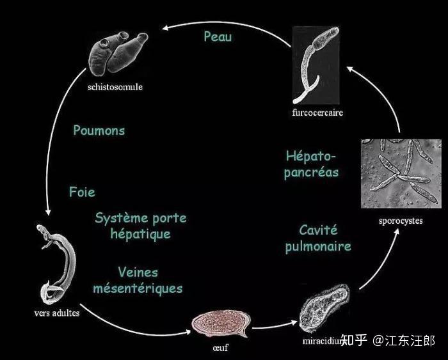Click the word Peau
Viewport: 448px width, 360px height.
tap(218, 36)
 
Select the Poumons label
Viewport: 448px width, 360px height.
tap(99, 130)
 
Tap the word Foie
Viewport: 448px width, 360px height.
tap(82, 192)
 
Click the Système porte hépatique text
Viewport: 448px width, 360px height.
tap(140, 226)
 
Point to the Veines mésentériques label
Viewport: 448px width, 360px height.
tap(138, 280)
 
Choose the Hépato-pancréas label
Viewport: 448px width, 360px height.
tap(312, 164)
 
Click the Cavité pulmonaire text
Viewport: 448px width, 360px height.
tap(318, 238)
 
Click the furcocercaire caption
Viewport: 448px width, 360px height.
tap(317, 113)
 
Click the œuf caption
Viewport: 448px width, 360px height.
tap(219, 349)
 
